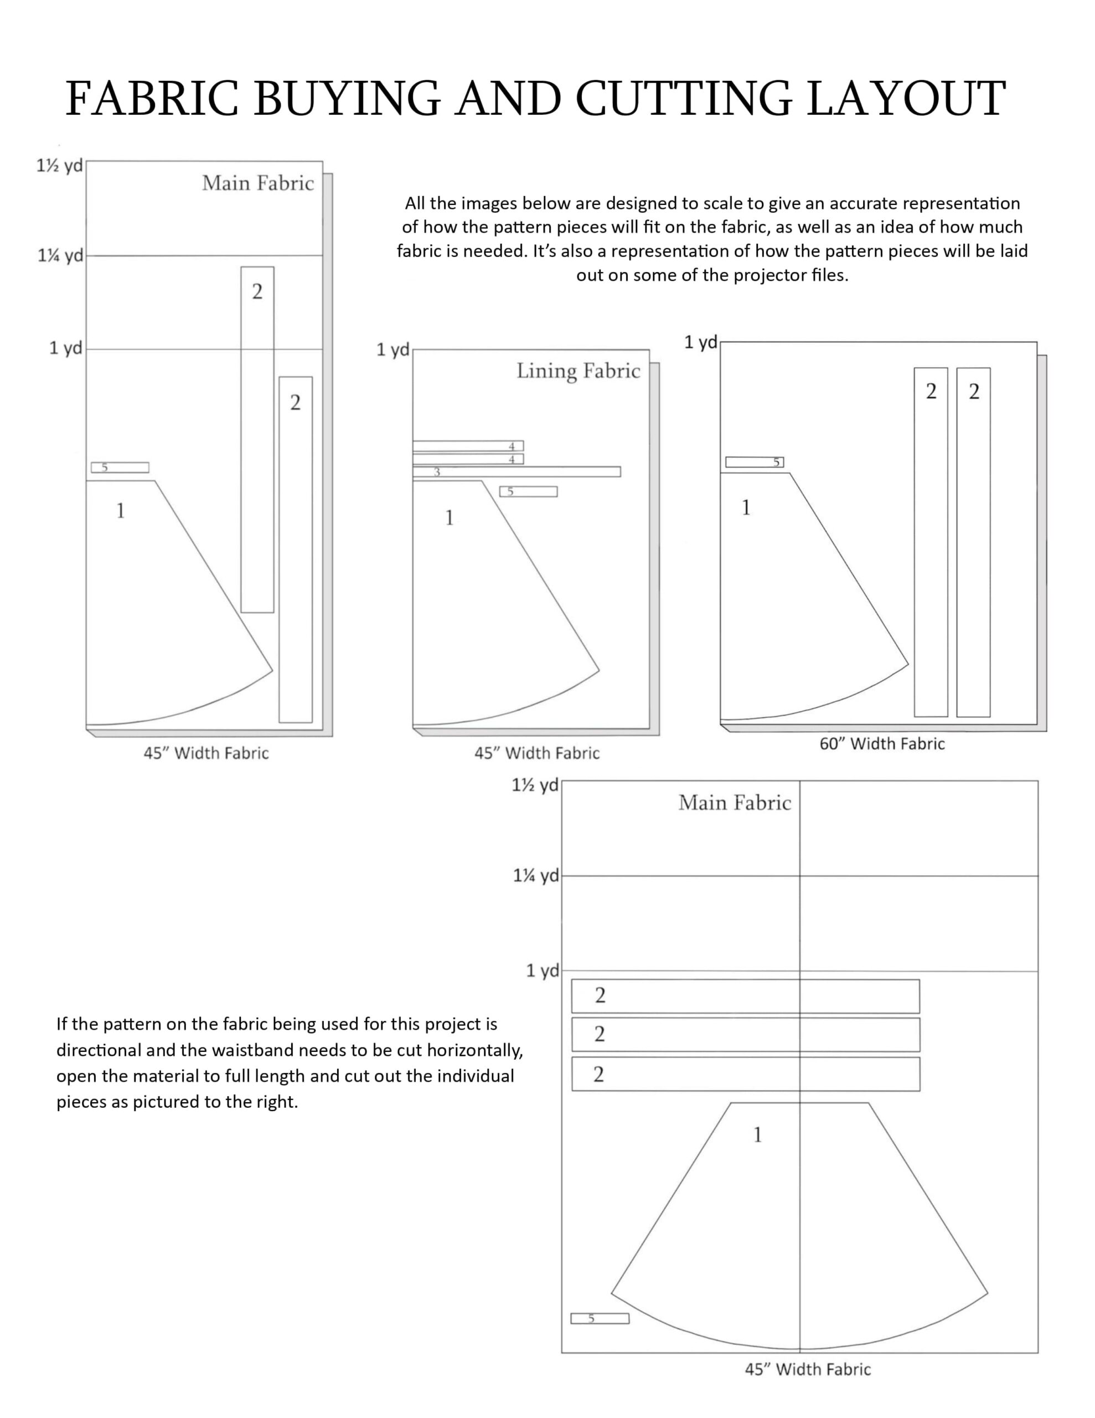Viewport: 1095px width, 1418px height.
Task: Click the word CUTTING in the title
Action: point(684,99)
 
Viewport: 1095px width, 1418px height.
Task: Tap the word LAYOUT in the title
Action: point(906,99)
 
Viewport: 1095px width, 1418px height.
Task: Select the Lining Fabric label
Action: point(578,371)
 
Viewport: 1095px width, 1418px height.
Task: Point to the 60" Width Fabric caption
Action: point(881,743)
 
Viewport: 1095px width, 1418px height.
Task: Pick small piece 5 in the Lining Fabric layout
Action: point(528,491)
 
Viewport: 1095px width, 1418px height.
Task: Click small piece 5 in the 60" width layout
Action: point(754,463)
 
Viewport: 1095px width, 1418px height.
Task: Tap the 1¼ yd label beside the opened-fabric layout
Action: point(535,875)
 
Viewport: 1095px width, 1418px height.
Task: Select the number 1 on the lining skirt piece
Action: point(449,517)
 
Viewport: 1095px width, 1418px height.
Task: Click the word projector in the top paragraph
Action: point(763,275)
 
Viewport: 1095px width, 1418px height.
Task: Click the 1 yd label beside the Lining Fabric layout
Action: point(392,350)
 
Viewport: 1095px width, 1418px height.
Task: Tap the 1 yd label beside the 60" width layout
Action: point(700,342)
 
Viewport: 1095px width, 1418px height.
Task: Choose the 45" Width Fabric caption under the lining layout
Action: point(537,753)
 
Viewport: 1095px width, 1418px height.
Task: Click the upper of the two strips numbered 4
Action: point(467,446)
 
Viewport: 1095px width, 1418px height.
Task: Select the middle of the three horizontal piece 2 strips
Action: point(745,1034)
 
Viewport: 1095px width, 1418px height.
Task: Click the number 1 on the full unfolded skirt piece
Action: point(757,1134)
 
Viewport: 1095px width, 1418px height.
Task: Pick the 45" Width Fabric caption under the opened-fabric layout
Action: point(808,1369)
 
